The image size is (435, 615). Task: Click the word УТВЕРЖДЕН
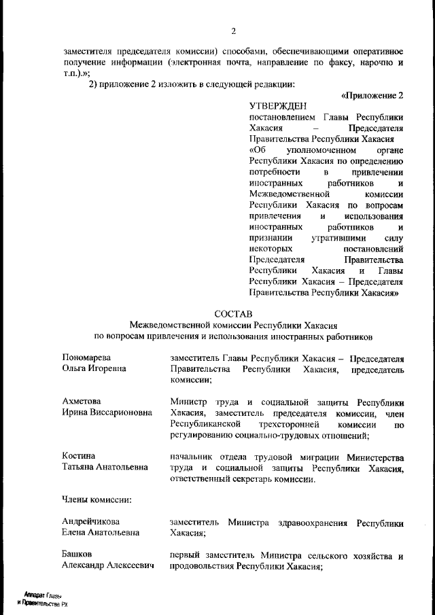click(x=278, y=106)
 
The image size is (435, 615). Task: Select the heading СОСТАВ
click(x=233, y=313)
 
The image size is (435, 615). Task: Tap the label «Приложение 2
click(x=372, y=95)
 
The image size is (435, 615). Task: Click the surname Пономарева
click(x=86, y=357)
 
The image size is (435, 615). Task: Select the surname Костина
click(x=78, y=455)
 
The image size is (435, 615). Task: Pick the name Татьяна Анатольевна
click(x=105, y=468)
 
